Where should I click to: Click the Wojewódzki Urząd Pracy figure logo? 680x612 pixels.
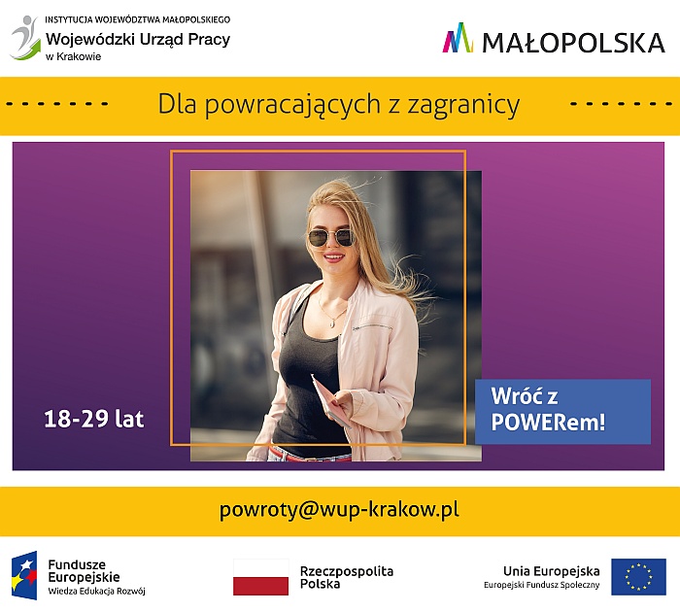(25, 38)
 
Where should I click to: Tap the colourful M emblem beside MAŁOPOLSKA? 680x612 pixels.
(458, 38)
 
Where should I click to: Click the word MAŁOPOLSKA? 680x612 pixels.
(573, 43)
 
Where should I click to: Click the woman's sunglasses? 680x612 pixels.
(331, 238)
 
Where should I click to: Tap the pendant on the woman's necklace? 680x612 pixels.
(332, 323)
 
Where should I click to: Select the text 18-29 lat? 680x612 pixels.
(93, 419)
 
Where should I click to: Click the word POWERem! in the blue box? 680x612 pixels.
(548, 422)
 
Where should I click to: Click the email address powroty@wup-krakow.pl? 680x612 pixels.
(339, 510)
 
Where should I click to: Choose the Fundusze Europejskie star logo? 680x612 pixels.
(24, 575)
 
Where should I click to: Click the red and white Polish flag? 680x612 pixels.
(260, 577)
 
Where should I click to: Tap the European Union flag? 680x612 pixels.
(638, 577)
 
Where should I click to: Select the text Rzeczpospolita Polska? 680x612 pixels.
(347, 577)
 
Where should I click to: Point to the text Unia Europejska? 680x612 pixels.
(551, 571)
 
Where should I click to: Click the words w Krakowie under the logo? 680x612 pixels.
(73, 56)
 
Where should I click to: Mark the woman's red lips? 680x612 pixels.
(333, 257)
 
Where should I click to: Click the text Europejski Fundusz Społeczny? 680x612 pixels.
(542, 585)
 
